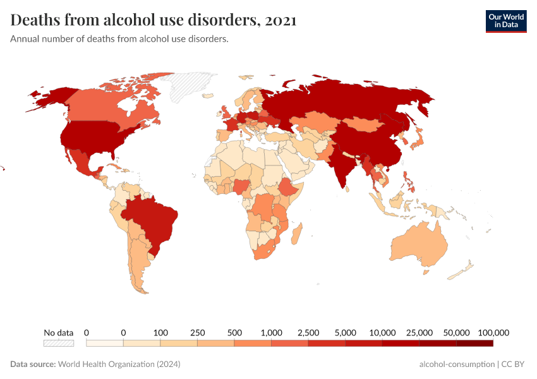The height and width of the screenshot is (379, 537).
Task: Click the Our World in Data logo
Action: (x=505, y=21)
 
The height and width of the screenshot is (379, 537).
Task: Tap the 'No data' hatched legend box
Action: (x=58, y=344)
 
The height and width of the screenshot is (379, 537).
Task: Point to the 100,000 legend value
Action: (x=493, y=332)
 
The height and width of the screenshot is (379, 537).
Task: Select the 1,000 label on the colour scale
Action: (x=271, y=332)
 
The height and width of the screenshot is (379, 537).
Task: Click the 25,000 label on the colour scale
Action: (x=419, y=332)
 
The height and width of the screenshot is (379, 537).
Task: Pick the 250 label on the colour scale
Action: (x=197, y=332)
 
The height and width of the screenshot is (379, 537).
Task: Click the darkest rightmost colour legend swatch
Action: (x=474, y=344)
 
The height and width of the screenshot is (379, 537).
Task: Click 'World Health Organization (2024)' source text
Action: (x=119, y=364)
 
